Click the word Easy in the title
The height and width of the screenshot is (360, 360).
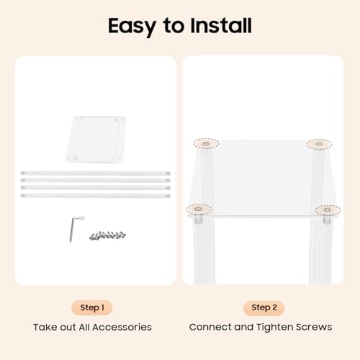tap(132, 27)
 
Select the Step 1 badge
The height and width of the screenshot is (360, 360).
tap(92, 307)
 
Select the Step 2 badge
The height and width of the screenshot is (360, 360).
tap(264, 307)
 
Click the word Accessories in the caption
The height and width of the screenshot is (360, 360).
tap(122, 328)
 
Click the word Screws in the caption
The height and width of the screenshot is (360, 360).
tap(314, 327)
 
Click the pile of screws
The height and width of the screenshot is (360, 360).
tap(107, 235)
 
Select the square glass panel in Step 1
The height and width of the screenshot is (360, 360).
tap(96, 139)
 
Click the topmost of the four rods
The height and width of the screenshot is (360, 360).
tap(96, 173)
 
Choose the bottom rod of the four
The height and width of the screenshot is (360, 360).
tap(96, 196)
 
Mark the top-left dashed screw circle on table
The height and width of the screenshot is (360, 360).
tap(206, 144)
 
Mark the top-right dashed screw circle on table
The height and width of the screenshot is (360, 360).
tap(319, 144)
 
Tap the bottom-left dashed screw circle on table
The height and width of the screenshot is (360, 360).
tap(199, 210)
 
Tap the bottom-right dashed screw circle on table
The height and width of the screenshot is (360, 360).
tap(328, 210)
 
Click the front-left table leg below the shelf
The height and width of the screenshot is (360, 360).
tap(204, 251)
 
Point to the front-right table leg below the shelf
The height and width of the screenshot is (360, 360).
tap(320, 251)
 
